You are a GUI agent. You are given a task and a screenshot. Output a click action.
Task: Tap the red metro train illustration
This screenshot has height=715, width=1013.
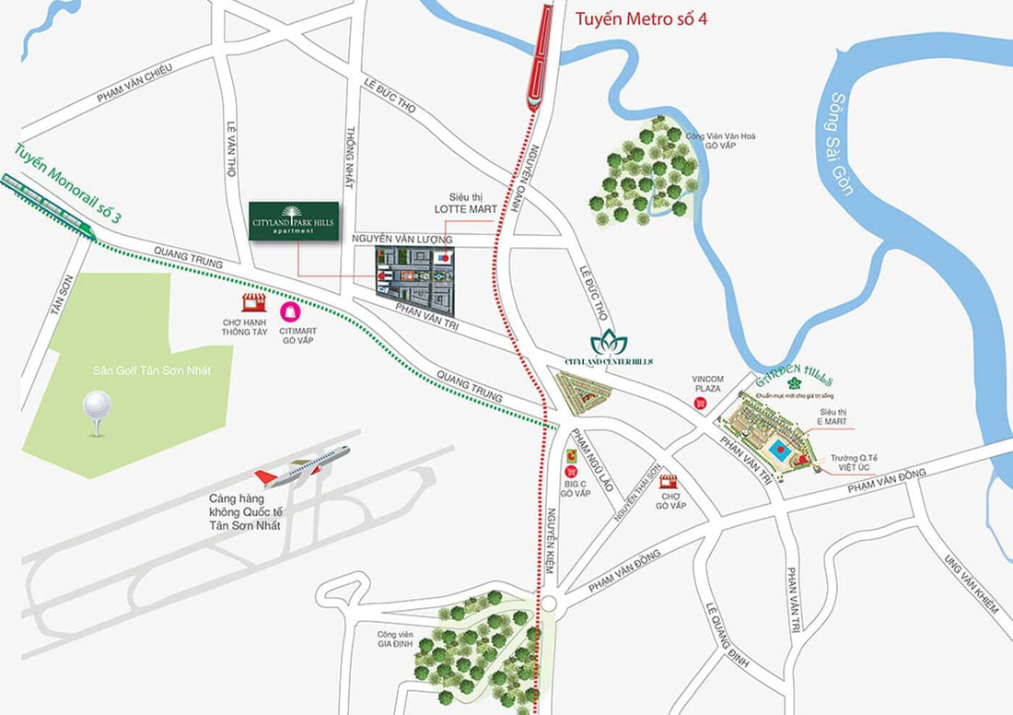tap(539, 55)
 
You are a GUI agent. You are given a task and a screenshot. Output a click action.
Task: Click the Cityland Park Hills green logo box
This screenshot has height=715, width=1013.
tap(294, 221)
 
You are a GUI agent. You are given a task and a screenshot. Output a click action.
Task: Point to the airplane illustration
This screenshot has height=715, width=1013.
tap(302, 467)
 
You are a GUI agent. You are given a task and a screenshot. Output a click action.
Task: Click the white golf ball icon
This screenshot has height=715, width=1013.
tap(96, 407)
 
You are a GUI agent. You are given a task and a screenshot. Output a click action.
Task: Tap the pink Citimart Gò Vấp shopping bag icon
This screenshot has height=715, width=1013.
tap(290, 311)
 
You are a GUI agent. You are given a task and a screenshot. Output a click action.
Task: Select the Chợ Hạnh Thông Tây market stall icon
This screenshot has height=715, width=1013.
tap(253, 302)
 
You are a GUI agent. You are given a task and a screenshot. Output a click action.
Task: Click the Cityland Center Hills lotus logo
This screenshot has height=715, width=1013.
tap(608, 344)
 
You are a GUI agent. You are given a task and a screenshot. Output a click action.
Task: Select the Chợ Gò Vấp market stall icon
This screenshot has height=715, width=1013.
tap(668, 481)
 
